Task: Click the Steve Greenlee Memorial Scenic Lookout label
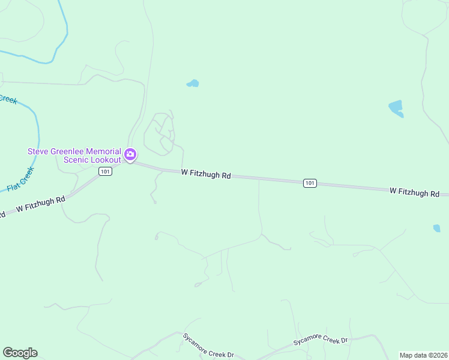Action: tap(74, 155)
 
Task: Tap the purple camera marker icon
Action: tap(130, 155)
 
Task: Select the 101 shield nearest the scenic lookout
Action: tap(106, 172)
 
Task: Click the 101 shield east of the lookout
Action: tap(310, 183)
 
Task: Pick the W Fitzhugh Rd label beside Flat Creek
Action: tap(40, 204)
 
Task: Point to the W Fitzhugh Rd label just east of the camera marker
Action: tap(206, 174)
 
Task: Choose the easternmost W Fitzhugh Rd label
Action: tap(414, 192)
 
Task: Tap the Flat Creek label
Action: tap(22, 179)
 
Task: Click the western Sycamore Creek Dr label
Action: tap(208, 346)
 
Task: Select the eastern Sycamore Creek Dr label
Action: tap(321, 341)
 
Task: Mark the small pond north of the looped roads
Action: tap(193, 83)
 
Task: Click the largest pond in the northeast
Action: tap(396, 108)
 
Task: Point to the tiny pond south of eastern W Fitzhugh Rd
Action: tap(436, 228)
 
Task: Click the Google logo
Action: tap(20, 353)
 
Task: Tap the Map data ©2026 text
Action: tap(424, 355)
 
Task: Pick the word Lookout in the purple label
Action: tap(106, 160)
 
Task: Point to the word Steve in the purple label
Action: tap(38, 151)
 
